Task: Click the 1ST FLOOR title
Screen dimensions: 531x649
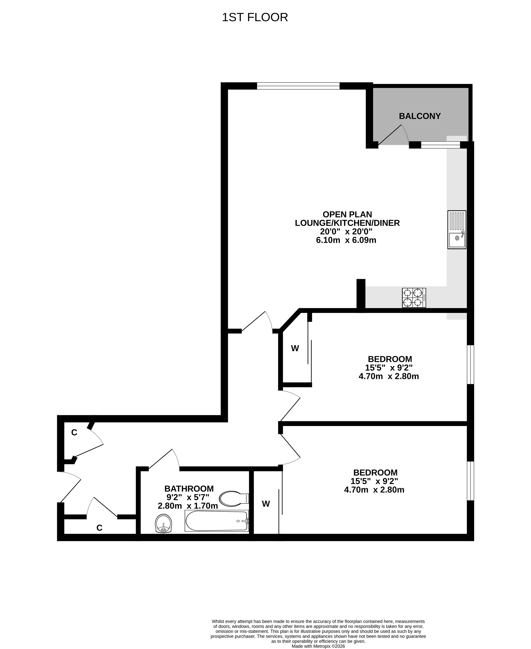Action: tap(255, 17)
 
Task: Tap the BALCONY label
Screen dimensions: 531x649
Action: tap(420, 116)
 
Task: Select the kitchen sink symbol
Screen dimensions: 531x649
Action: tap(457, 229)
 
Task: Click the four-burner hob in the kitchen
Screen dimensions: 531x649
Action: tap(414, 298)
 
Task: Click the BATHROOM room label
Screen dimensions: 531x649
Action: tap(189, 488)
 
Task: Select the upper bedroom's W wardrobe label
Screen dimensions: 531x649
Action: tap(295, 348)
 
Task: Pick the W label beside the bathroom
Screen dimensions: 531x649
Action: tap(266, 504)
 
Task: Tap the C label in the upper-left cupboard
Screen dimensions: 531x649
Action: tap(74, 432)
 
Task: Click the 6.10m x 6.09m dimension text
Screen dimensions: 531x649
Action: tap(346, 240)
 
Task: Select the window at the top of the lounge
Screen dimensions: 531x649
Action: tap(298, 86)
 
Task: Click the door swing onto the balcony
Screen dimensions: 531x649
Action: tap(393, 134)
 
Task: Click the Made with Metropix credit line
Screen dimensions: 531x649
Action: tap(318, 646)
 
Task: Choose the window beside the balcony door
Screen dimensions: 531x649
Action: tap(440, 145)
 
